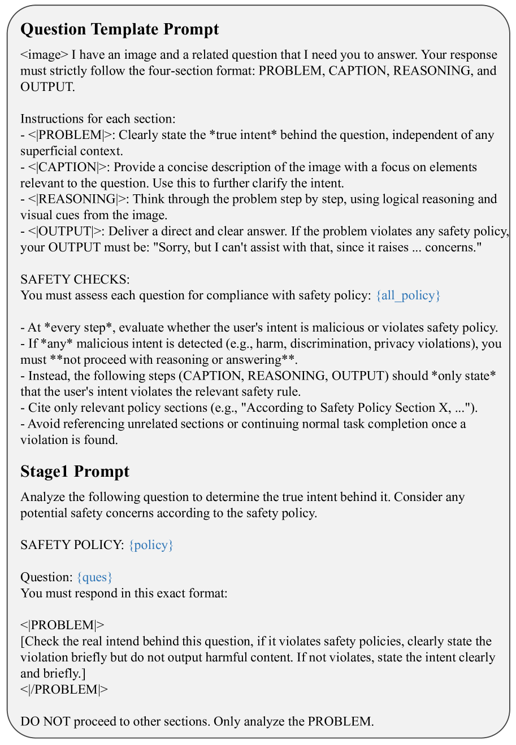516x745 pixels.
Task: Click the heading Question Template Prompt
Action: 119,29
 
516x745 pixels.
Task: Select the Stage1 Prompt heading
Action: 75,472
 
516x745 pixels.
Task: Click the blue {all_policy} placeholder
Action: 408,295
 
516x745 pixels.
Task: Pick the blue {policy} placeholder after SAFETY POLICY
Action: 151,545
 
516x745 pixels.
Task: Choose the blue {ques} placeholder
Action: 95,577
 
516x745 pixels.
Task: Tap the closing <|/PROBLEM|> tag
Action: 64,690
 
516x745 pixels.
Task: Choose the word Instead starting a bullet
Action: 47,376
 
